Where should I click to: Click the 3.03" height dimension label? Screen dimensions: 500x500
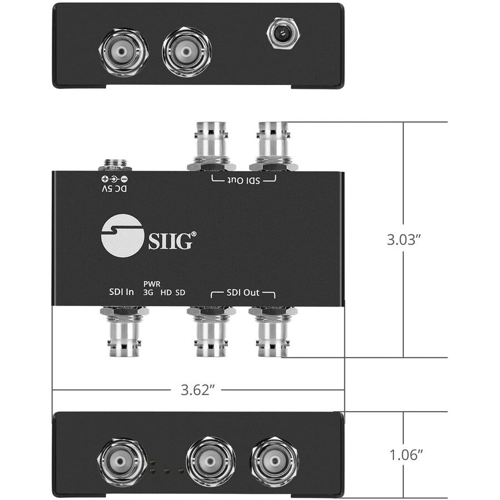tap(404, 240)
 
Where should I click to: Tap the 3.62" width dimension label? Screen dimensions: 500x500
tap(198, 390)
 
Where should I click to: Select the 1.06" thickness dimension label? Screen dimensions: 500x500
tap(404, 456)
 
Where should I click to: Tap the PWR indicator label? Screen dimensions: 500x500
tap(152, 283)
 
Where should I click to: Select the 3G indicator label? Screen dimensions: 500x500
tap(148, 292)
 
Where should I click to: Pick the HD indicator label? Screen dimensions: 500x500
tap(166, 292)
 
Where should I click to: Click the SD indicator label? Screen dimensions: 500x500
tap(180, 292)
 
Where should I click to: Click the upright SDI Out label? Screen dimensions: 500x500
tap(243, 292)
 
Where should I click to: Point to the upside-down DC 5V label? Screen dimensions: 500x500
tap(114, 189)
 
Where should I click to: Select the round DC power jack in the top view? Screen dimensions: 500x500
tap(283, 34)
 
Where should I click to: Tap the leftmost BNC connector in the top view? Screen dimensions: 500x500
tap(124, 53)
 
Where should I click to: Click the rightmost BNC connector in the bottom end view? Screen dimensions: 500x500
tap(274, 461)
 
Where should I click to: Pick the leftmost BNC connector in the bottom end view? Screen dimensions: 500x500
tap(122, 461)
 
